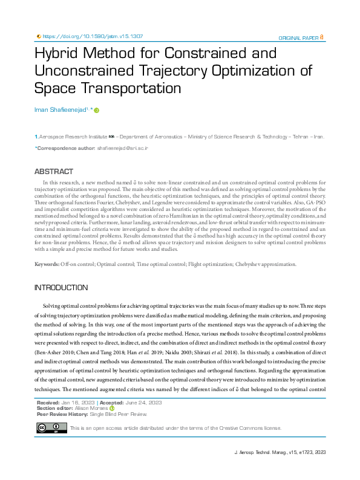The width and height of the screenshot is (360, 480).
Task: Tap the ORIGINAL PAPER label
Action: click(x=298, y=37)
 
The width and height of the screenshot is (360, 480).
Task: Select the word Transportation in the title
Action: click(x=108, y=88)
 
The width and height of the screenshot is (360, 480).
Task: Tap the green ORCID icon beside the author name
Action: click(x=96, y=110)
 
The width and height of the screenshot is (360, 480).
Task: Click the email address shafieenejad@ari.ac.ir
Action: click(x=123, y=148)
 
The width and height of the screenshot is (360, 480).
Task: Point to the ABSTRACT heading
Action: click(x=54, y=172)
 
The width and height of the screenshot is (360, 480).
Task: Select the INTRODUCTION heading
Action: click(x=61, y=288)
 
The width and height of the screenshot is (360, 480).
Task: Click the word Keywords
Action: click(x=47, y=264)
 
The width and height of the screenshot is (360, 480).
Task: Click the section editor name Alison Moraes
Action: click(x=91, y=409)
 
